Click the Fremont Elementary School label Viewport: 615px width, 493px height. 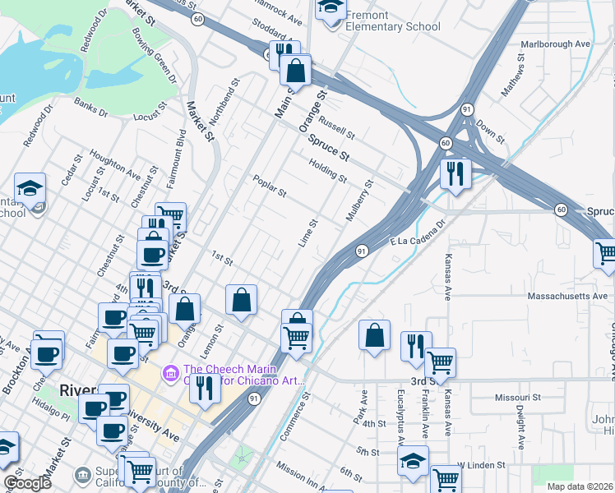pos(393,21)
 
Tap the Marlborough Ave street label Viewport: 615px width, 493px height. pos(555,44)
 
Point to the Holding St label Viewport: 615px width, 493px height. pos(328,171)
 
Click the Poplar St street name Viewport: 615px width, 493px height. pos(269,187)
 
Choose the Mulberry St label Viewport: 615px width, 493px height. pos(360,202)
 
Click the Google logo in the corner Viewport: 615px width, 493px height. pos(27,482)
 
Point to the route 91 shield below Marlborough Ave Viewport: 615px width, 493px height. pos(466,108)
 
